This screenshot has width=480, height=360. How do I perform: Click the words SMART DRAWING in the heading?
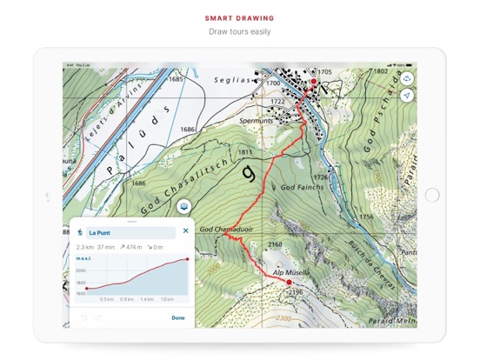pyautogui.click(x=239, y=17)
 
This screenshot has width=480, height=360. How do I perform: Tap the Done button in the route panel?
pyautogui.click(x=178, y=317)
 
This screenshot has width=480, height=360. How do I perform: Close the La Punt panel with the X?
pyautogui.click(x=185, y=231)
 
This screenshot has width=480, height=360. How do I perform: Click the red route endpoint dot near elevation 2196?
pyautogui.click(x=290, y=282)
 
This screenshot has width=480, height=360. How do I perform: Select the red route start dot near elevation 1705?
pyautogui.click(x=314, y=81)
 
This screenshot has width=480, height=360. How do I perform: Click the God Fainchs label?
pyautogui.click(x=302, y=187)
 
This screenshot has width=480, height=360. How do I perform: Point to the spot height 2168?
pyautogui.click(x=275, y=244)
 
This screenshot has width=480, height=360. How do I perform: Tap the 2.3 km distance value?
pyautogui.click(x=84, y=248)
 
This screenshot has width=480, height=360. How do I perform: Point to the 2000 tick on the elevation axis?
pyautogui.click(x=81, y=270)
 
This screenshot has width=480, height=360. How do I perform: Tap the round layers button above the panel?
pyautogui.click(x=184, y=206)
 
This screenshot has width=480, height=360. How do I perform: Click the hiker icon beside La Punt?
pyautogui.click(x=79, y=232)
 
